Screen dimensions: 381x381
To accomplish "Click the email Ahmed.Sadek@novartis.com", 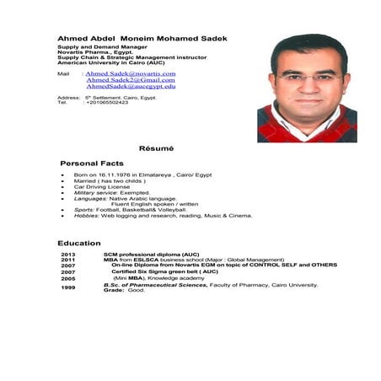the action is click(x=130, y=74).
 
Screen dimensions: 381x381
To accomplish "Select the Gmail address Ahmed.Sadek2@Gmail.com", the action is click(x=131, y=80).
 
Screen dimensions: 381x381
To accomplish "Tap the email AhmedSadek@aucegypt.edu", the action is click(x=131, y=86).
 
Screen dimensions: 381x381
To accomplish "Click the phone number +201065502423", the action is click(x=107, y=102).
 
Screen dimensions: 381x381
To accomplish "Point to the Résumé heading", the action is click(x=156, y=148).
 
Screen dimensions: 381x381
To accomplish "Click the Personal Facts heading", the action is click(x=92, y=163).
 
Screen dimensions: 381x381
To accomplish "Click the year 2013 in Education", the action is click(x=68, y=254).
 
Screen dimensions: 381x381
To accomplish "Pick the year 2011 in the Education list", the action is click(x=68, y=260).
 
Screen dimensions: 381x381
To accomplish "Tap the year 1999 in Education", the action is click(x=68, y=287).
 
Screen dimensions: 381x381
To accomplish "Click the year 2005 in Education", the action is click(x=68, y=277).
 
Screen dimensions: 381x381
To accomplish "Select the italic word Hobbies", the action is click(x=86, y=215).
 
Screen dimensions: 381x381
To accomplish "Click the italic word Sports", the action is click(x=83, y=209).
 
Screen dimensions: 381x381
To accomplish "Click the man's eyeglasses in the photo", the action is click(x=308, y=78).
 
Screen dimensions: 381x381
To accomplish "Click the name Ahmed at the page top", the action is click(x=73, y=38).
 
